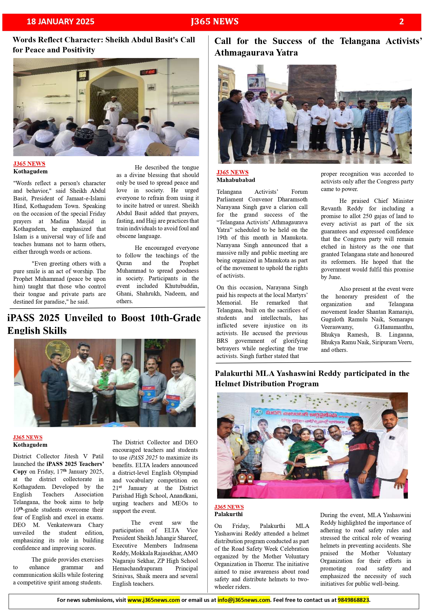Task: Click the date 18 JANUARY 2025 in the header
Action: pyautogui.click(x=60, y=22)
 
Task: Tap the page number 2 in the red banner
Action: pyautogui.click(x=401, y=22)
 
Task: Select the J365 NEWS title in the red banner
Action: pyautogui.click(x=215, y=22)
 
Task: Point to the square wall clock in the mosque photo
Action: pyautogui.click(x=82, y=75)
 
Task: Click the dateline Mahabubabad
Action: pyautogui.click(x=236, y=180)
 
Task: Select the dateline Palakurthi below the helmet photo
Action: pyautogui.click(x=228, y=514)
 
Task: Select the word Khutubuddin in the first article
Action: pyautogui.click(x=181, y=286)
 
